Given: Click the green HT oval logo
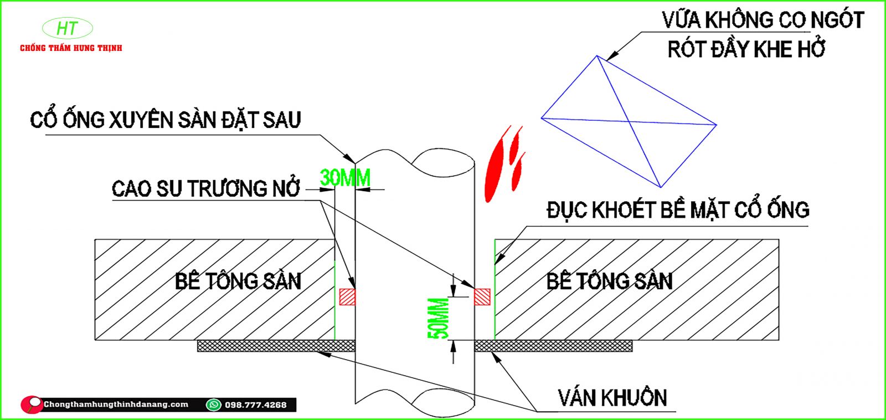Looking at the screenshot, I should click(68, 28).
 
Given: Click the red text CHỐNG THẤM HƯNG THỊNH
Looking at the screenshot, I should click(71, 48).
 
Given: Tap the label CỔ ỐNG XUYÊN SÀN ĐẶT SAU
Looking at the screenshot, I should click(165, 120).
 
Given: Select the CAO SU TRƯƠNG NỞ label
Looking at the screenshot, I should click(205, 189).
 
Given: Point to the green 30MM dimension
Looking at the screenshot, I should click(345, 178).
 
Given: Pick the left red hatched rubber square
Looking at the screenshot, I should click(347, 296).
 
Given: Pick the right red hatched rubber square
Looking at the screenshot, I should click(482, 296).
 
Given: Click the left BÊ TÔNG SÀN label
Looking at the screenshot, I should click(238, 281).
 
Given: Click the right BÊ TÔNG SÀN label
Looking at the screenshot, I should click(609, 281).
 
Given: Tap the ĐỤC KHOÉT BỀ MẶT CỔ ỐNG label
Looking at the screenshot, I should click(678, 210).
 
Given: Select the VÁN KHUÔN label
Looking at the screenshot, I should click(612, 398).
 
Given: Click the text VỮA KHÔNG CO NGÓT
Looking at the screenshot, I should click(763, 21).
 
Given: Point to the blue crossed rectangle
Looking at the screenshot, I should click(629, 121).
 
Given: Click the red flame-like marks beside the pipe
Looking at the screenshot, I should click(504, 163).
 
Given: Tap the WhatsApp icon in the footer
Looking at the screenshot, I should click(213, 404).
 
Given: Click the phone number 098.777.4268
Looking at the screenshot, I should click(256, 405).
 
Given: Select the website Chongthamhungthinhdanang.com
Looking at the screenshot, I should click(116, 404).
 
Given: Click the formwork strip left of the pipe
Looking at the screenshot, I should click(276, 346).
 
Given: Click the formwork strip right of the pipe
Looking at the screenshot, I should click(554, 346).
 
